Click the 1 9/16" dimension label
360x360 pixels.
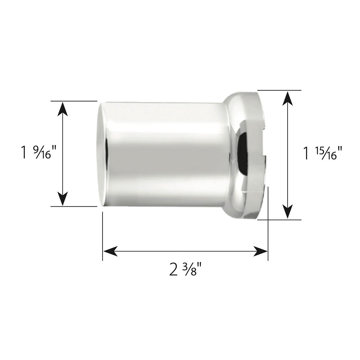click(39, 153)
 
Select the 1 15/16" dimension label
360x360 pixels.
click(321, 154)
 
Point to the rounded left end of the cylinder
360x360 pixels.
click(102, 154)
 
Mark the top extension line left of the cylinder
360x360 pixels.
click(74, 101)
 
